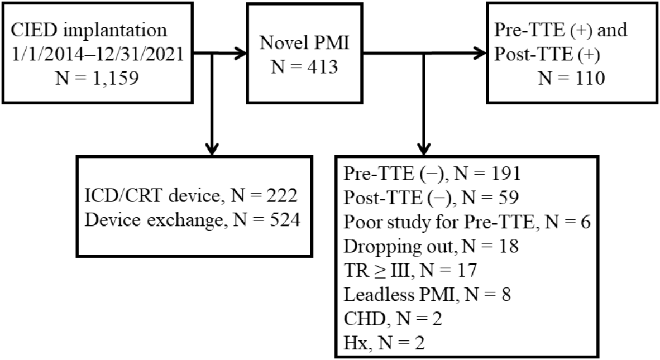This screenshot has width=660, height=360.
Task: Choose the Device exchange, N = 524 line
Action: click(193, 221)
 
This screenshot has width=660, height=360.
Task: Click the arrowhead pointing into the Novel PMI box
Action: click(240, 54)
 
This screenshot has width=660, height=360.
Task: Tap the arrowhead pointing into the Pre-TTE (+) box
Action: click(479, 54)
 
